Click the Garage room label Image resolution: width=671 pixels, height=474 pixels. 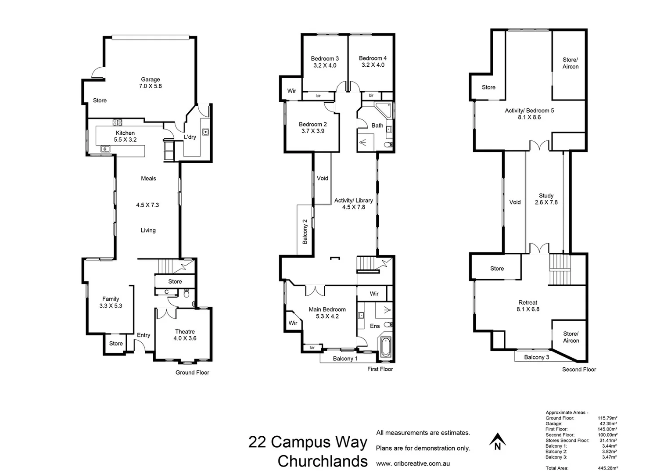[x=150, y=80]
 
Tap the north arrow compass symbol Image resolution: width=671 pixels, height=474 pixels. [x=497, y=442]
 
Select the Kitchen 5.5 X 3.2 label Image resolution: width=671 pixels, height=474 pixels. [x=125, y=136]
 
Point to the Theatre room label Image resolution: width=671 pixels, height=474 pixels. [x=185, y=332]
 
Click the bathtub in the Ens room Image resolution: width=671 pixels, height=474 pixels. [x=386, y=347]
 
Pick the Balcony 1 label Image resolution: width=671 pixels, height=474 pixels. [x=345, y=359]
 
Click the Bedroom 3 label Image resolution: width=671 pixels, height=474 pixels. [x=325, y=58]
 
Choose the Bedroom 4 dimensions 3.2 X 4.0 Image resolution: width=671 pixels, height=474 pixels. [x=373, y=65]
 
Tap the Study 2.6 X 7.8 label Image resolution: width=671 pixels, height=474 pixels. [x=546, y=199]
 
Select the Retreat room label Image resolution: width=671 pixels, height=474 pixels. [x=527, y=302]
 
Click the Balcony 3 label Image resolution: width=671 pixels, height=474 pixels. [x=536, y=357]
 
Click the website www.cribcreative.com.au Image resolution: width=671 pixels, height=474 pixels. [x=413, y=463]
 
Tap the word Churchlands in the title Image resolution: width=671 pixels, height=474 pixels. [x=323, y=461]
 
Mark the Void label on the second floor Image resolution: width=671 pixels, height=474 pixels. [x=515, y=202]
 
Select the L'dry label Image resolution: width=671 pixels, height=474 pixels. [x=190, y=137]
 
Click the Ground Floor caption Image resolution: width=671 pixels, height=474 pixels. [x=192, y=373]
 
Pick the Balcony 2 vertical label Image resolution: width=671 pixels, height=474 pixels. [x=305, y=231]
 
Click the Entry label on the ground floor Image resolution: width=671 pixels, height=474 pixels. [x=144, y=335]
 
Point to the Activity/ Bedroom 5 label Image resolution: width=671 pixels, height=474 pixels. [x=529, y=111]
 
